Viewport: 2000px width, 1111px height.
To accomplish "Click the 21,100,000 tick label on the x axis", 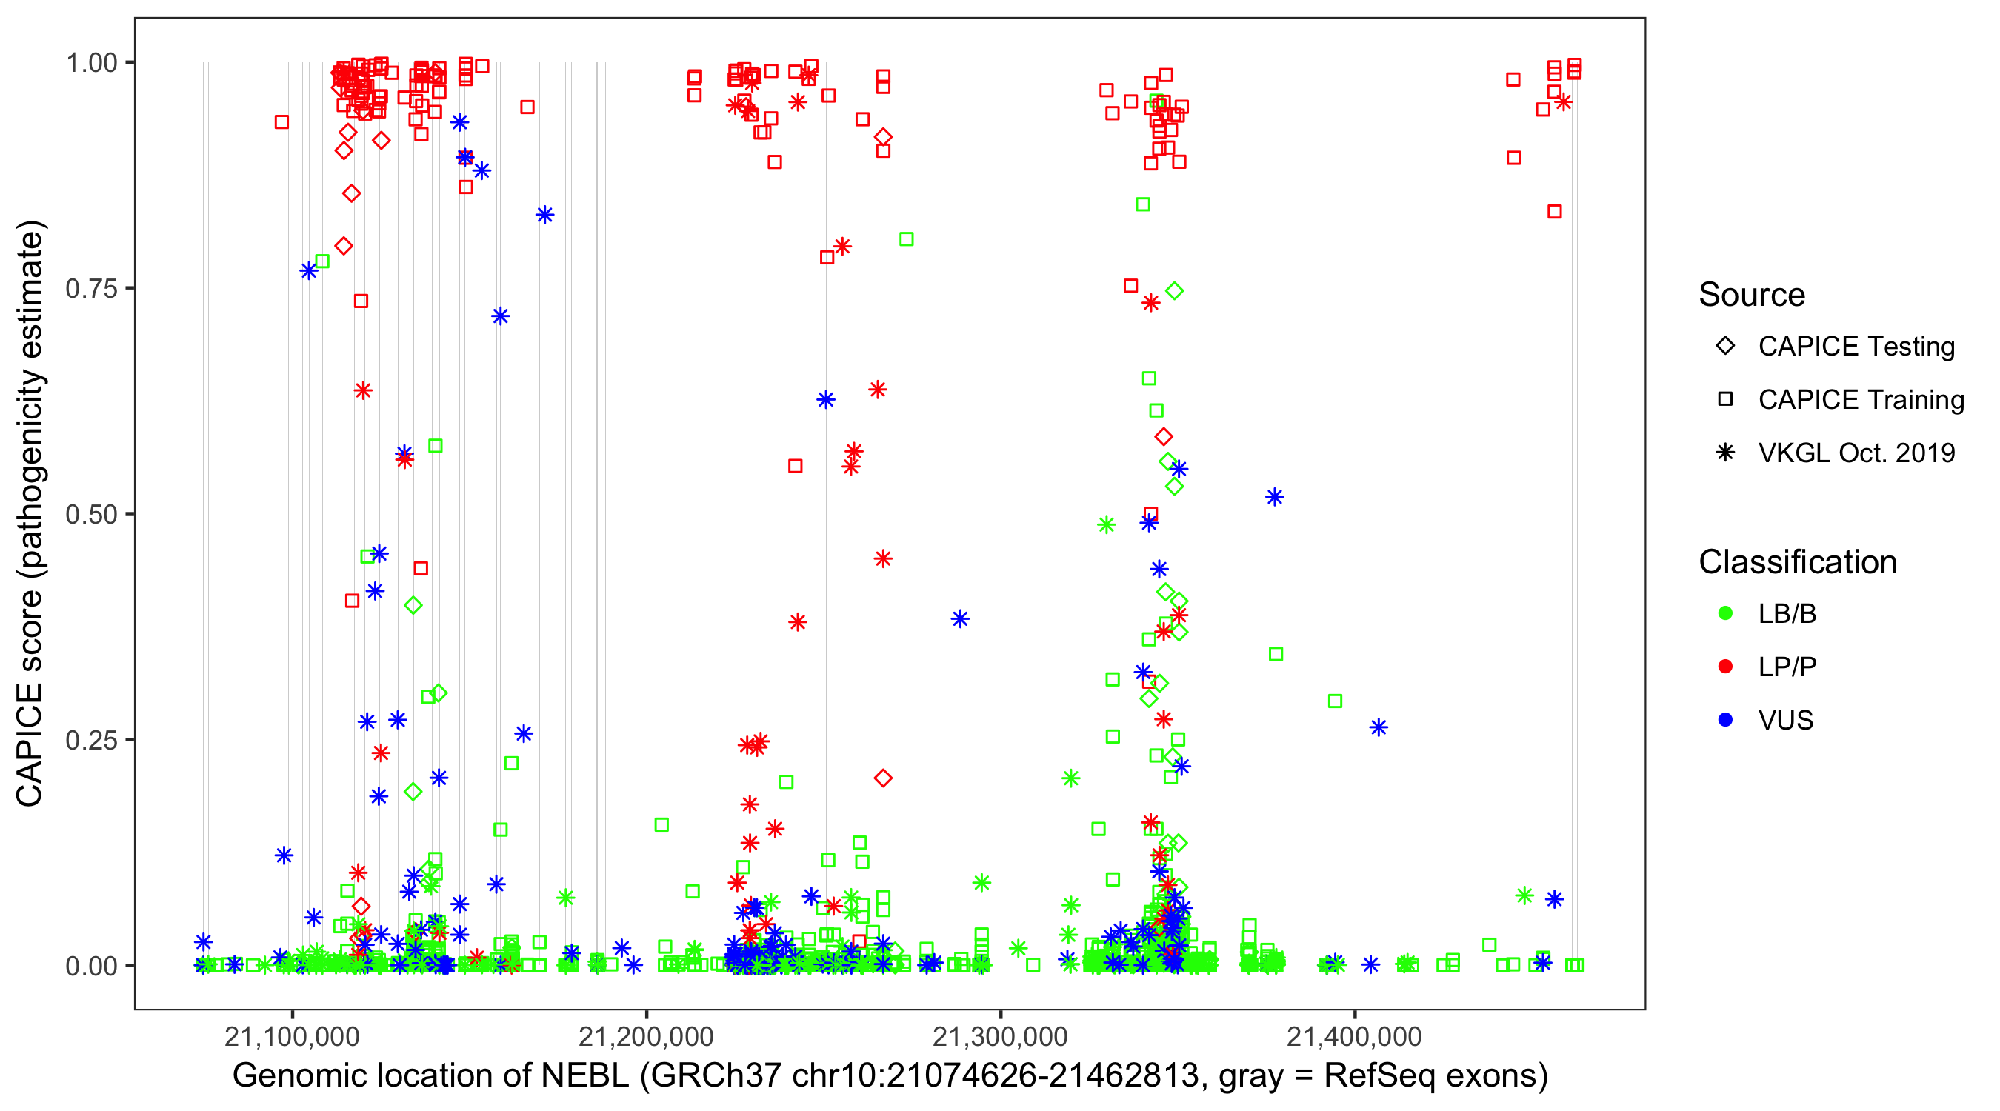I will (x=292, y=1036).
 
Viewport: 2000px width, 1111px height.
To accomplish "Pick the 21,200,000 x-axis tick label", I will (x=646, y=1036).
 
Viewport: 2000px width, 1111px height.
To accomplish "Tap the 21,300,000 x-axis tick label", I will (x=1000, y=1036).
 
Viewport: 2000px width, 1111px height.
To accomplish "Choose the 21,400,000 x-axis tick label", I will (x=1355, y=1036).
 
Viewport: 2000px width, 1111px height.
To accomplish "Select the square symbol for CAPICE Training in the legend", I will (x=1725, y=400).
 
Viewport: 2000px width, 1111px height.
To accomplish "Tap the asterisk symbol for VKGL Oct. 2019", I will (x=1725, y=453).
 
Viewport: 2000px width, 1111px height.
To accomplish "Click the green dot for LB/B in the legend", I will (x=1725, y=614).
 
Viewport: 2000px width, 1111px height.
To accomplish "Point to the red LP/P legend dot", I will (x=1725, y=667).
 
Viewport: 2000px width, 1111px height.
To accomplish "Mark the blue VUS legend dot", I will (x=1725, y=721).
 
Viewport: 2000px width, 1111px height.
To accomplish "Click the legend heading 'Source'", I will (x=1752, y=295).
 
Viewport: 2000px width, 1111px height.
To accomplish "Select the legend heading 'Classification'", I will (x=1797, y=562).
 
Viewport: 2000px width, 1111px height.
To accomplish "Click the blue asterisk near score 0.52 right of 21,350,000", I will (x=1275, y=497).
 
